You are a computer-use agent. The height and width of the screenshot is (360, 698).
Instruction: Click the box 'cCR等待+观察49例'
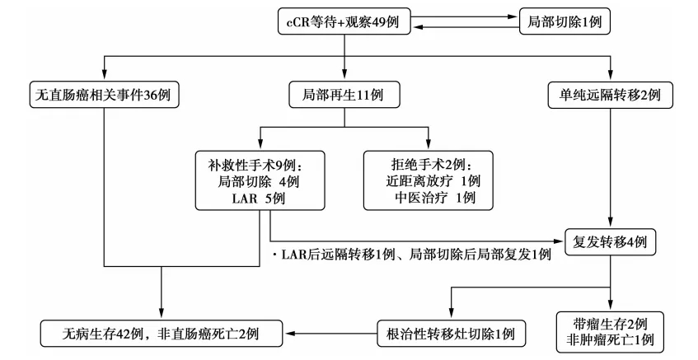coord(343,21)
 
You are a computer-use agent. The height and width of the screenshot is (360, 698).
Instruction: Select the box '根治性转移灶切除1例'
coord(451,334)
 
